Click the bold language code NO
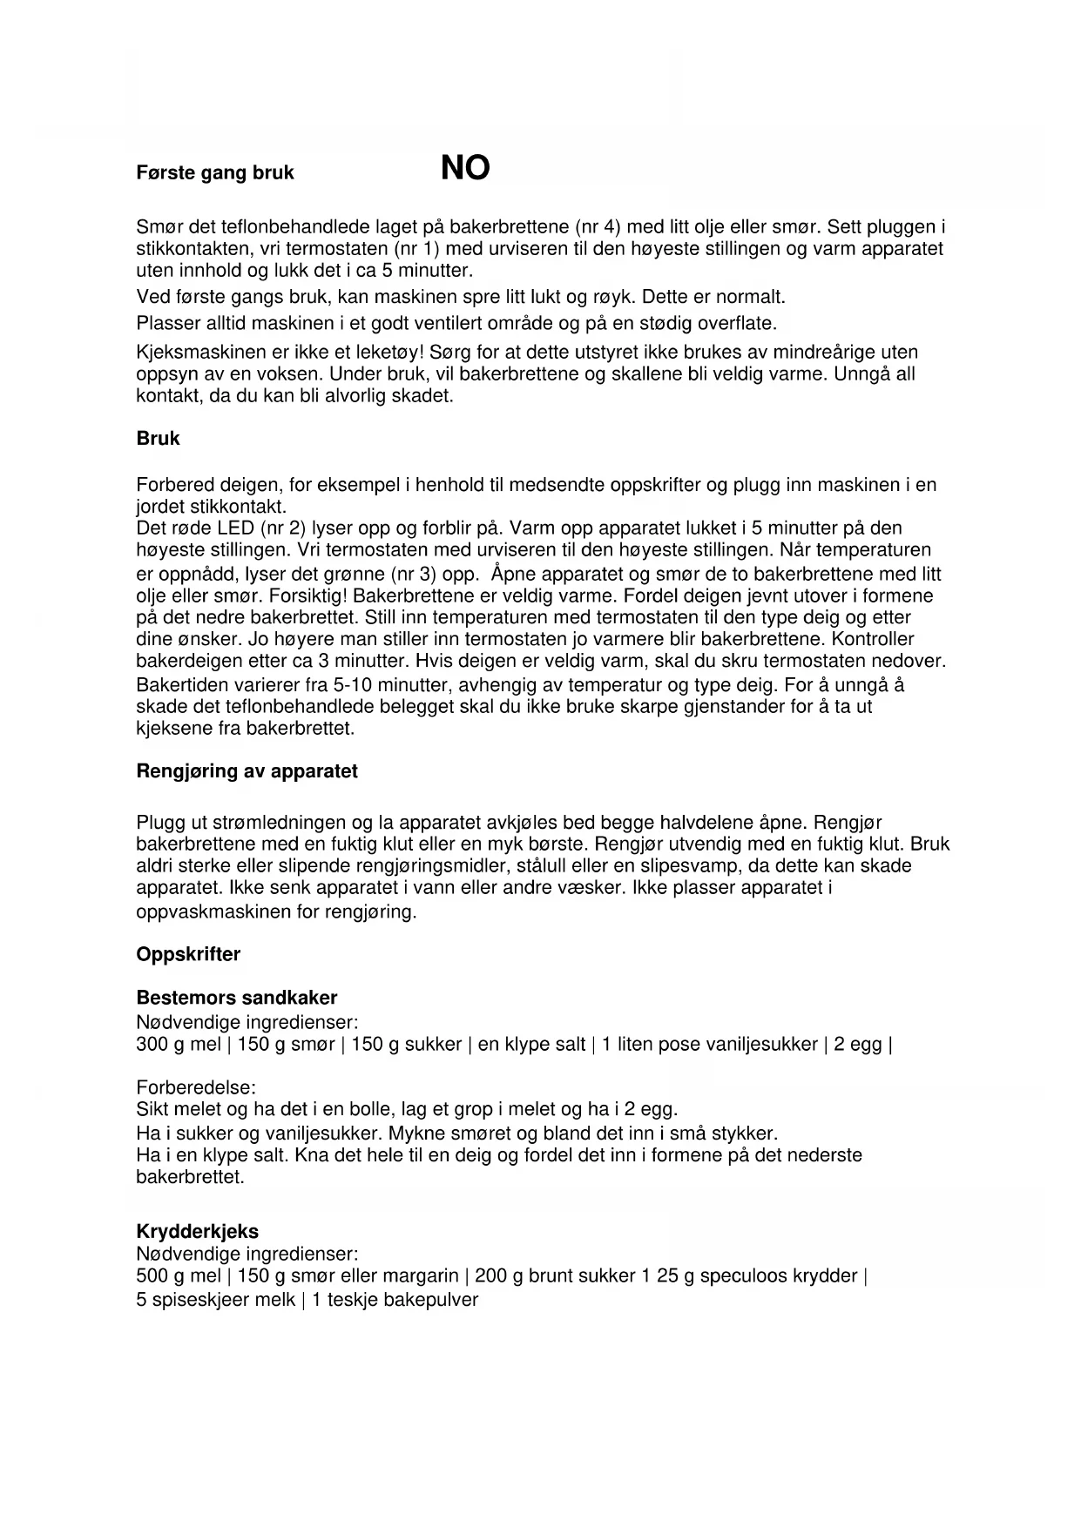tap(465, 168)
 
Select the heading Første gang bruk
tap(215, 172)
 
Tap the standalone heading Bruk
tap(158, 439)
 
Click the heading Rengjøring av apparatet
tap(247, 771)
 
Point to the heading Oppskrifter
tap(188, 954)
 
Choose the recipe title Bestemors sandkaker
tap(236, 998)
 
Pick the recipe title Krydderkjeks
tap(197, 1232)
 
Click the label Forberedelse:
tap(196, 1087)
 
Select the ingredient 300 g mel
tap(179, 1045)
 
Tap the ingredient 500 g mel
tap(179, 1276)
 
